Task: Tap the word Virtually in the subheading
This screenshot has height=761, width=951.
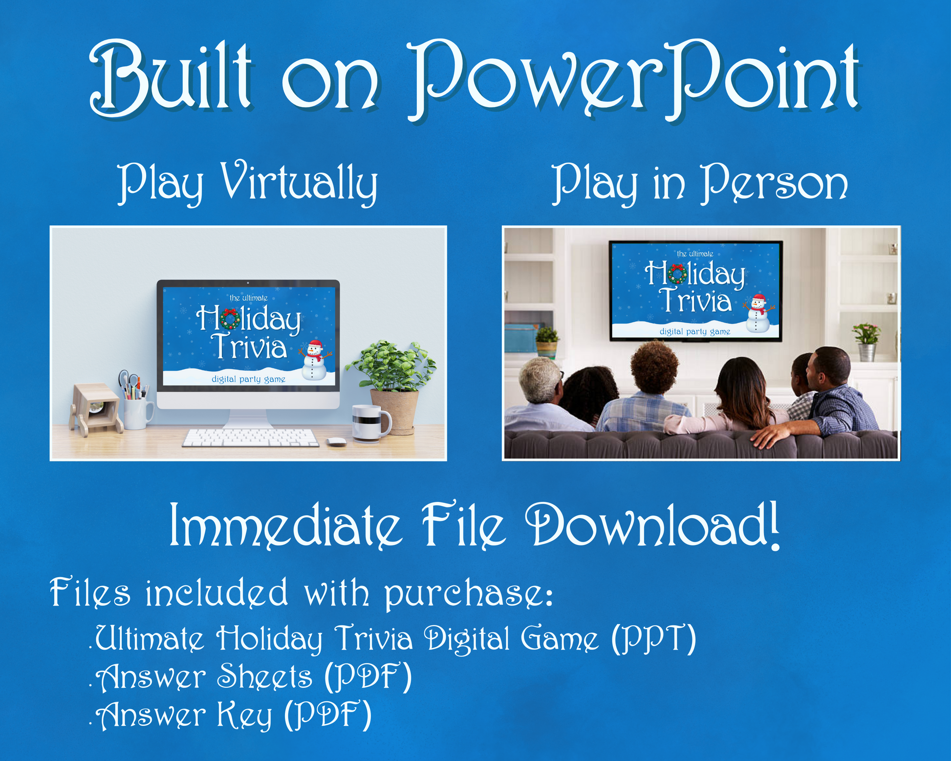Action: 299,183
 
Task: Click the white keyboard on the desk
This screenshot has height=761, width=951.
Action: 250,437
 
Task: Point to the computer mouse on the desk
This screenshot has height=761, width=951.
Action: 336,442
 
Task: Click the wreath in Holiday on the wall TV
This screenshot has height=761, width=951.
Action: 676,274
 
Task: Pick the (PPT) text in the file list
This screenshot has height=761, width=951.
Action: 654,638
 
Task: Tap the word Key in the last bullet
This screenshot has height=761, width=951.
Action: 244,715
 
